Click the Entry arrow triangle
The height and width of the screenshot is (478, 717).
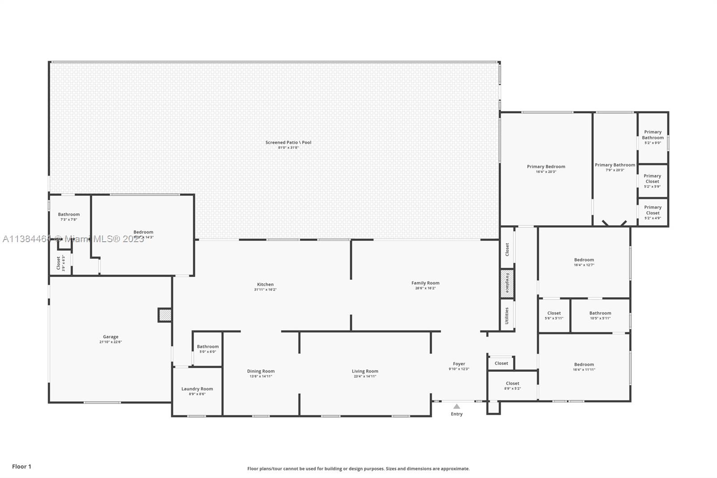point(456,406)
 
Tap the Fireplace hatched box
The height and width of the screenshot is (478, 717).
point(507,283)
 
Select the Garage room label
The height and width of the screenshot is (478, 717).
point(111,337)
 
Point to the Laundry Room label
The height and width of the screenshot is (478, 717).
point(197,389)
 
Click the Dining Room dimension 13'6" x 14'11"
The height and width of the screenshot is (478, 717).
point(261,376)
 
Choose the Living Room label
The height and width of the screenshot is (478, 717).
point(365,371)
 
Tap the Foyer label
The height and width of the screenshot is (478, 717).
point(459,364)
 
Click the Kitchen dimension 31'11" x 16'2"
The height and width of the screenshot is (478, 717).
point(265,290)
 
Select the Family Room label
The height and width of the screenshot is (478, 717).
point(425,283)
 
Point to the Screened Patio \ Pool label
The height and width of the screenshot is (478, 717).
point(288,142)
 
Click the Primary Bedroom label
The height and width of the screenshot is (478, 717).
point(546,166)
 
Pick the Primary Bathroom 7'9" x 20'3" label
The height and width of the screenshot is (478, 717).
point(615,165)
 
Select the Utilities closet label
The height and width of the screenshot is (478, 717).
point(507,315)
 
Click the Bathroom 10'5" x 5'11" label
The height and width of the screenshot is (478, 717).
point(600,313)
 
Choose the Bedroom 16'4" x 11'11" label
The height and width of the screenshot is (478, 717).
point(584,365)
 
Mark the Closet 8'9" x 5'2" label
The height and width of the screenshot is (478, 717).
point(512,383)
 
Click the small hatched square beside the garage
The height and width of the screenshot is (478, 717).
point(165,315)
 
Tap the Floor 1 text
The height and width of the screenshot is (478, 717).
point(22,466)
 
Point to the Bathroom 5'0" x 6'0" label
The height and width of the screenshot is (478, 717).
point(207,346)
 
